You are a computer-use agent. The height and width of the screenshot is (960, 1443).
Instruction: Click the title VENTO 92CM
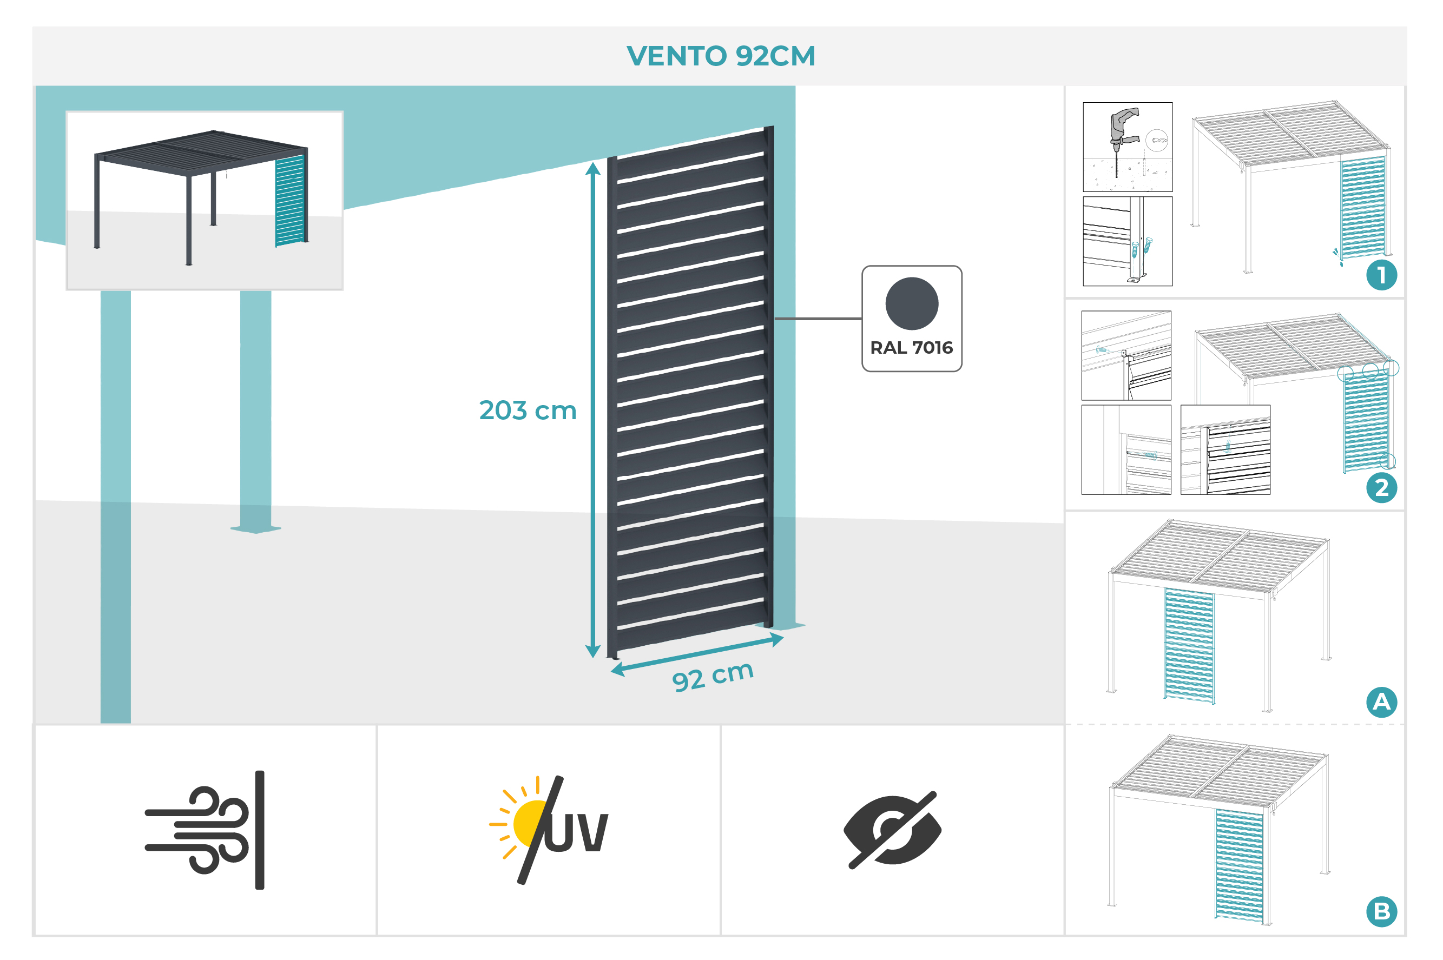[720, 56]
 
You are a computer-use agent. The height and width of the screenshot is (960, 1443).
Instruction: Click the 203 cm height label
[528, 410]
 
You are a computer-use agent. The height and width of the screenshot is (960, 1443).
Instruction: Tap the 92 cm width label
[713, 676]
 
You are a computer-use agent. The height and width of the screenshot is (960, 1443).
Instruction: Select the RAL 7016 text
[911, 348]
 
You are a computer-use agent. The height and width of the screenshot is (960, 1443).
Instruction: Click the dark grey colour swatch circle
[911, 303]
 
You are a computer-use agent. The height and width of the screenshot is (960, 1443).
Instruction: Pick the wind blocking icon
[205, 830]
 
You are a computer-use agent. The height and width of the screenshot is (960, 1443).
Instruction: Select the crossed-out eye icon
[892, 830]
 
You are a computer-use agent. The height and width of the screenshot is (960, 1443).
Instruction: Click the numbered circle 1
[1381, 275]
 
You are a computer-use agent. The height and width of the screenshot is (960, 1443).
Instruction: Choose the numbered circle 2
[1381, 488]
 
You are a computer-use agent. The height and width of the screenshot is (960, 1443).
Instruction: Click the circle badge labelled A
[1381, 701]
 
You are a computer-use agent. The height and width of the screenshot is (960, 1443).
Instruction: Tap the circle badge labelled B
[1381, 912]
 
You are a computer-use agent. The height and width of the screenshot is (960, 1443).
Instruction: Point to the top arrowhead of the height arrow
[592, 168]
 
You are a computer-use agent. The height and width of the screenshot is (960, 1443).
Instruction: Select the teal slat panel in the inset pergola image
[289, 200]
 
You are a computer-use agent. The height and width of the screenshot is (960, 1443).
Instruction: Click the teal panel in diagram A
[1188, 645]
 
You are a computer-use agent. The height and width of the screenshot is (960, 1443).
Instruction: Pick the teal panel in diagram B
[1238, 864]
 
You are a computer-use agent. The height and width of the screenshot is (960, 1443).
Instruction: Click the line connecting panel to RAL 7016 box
[818, 319]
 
